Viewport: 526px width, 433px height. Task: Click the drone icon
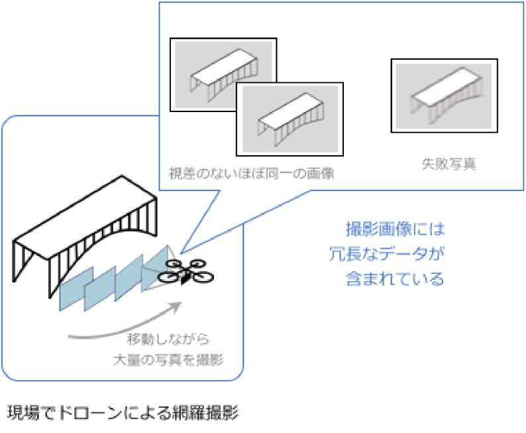coord(185,272)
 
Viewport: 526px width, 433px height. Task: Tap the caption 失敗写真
coord(448,164)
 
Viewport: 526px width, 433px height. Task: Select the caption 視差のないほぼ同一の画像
coord(251,174)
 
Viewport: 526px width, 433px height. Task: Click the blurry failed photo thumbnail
coord(444,95)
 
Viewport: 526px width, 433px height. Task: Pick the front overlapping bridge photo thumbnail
coord(290,119)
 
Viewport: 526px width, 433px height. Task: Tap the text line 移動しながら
coord(168,339)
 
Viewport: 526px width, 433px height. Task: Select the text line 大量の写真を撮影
coord(168,360)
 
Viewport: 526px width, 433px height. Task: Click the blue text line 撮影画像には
coord(395,229)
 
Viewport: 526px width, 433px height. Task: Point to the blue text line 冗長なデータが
coord(387,254)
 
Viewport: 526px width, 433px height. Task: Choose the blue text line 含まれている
coord(395,279)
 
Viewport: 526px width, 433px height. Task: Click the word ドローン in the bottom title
coord(89,412)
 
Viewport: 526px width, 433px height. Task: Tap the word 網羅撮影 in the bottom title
coord(205,412)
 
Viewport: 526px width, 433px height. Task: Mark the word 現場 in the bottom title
coord(23,412)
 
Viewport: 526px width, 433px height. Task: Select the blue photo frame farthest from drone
coord(76,288)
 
